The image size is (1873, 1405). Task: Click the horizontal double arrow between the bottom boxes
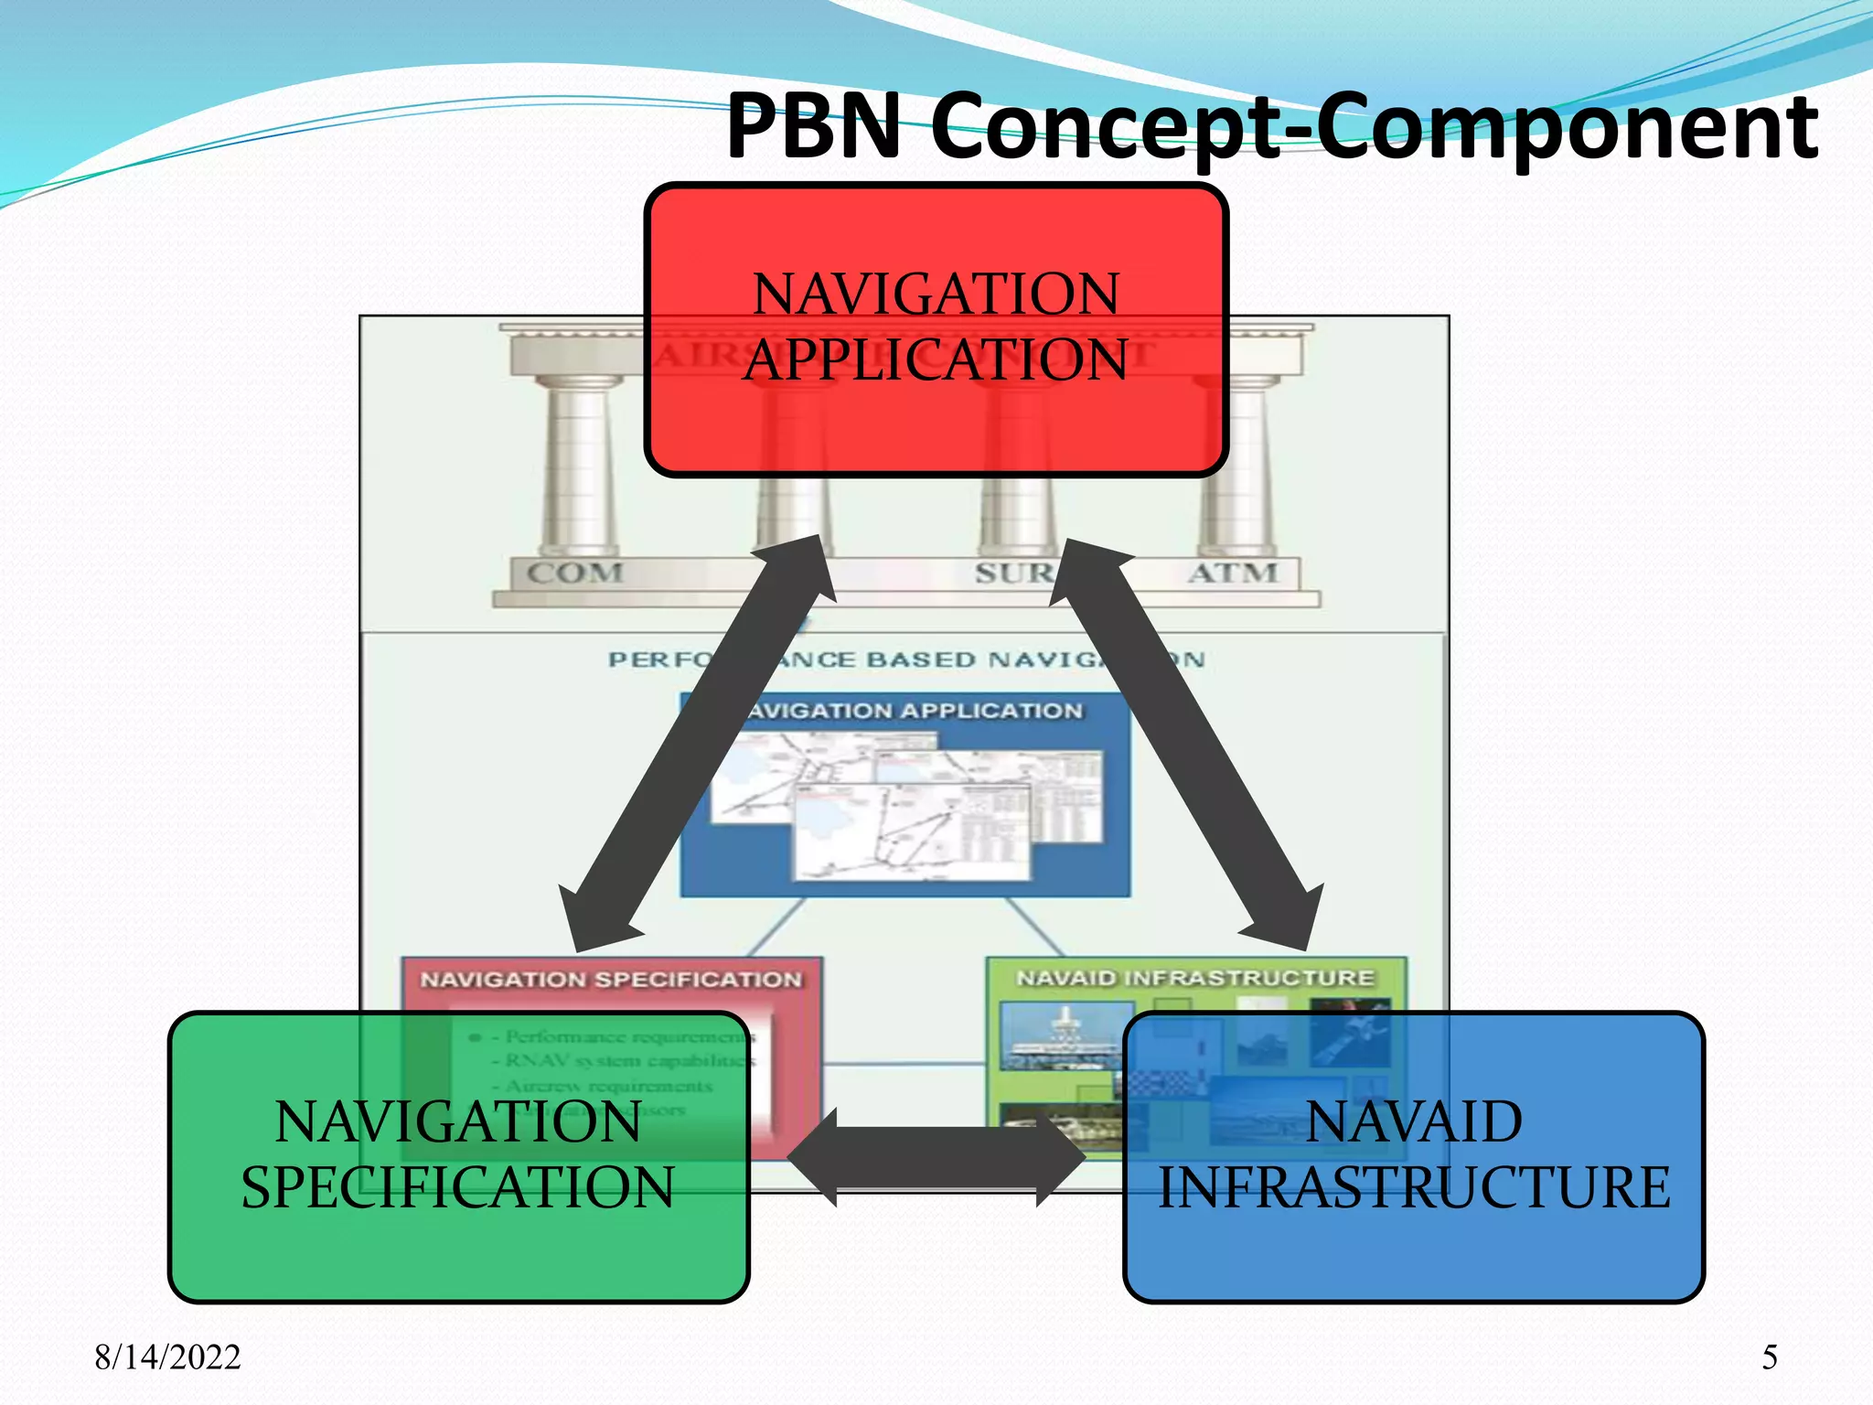pyautogui.click(x=936, y=1157)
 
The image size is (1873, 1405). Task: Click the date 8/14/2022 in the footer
pyautogui.click(x=167, y=1357)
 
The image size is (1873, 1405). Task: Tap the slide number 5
pyautogui.click(x=1770, y=1357)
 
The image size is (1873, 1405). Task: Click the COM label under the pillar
pyautogui.click(x=574, y=574)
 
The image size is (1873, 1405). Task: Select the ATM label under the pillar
pyautogui.click(x=1233, y=574)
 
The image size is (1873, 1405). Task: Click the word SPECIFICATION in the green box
pyautogui.click(x=457, y=1187)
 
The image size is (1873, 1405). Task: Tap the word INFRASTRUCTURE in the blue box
pyautogui.click(x=1414, y=1187)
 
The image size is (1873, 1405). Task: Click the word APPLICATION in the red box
pyautogui.click(x=936, y=359)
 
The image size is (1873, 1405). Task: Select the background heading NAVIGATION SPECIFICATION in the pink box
pyautogui.click(x=611, y=980)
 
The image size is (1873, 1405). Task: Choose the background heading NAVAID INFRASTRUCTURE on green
pyautogui.click(x=1195, y=979)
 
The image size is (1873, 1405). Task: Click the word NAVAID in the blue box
pyautogui.click(x=1414, y=1121)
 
